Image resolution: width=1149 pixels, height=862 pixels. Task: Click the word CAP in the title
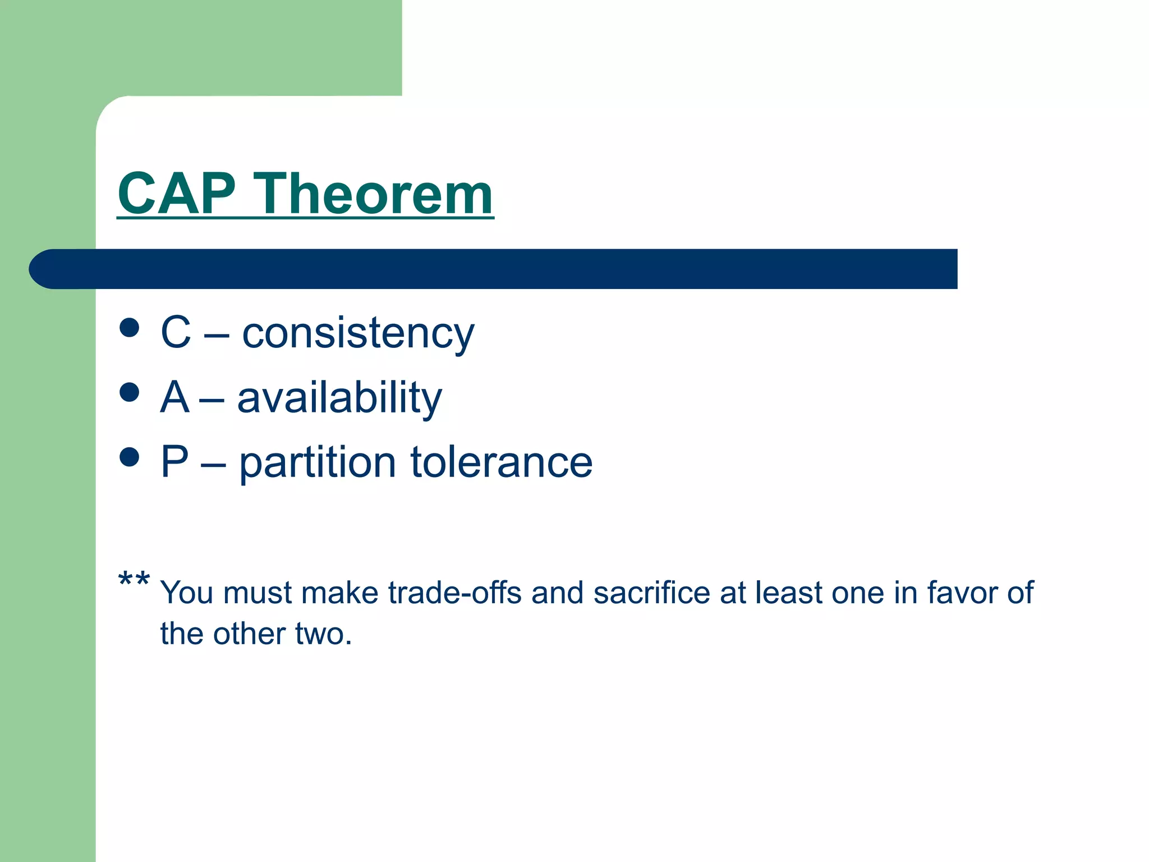click(177, 194)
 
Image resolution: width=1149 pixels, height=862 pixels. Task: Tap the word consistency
click(358, 333)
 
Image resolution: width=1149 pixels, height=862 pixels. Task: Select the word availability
click(339, 397)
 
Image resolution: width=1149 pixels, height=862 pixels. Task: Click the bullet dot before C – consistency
click(130, 328)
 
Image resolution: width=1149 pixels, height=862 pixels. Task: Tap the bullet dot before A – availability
click(130, 392)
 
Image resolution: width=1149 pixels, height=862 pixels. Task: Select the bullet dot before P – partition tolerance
click(130, 457)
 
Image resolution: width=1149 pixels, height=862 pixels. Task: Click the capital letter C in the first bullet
click(176, 332)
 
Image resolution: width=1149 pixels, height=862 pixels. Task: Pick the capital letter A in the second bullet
click(174, 397)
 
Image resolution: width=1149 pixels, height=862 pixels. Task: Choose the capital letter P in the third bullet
click(174, 462)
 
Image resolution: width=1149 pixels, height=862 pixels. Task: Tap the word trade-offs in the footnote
click(454, 593)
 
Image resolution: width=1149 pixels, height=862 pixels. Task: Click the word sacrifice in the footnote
click(651, 593)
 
